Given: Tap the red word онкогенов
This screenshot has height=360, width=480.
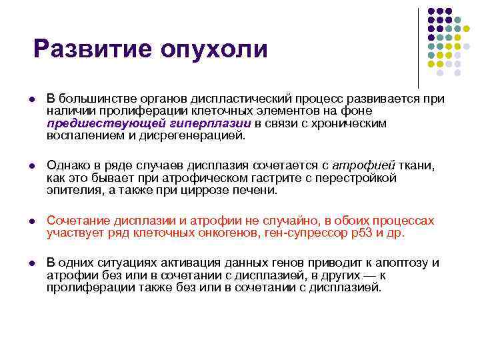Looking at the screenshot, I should click(x=226, y=233).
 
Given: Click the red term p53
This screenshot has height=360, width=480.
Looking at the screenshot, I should click(x=360, y=233).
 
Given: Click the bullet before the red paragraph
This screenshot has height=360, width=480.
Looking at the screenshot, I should click(x=33, y=221).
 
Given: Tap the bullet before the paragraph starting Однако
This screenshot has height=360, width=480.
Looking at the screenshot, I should click(x=33, y=166).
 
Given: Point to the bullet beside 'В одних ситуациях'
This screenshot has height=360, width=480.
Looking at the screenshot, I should click(x=33, y=263).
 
